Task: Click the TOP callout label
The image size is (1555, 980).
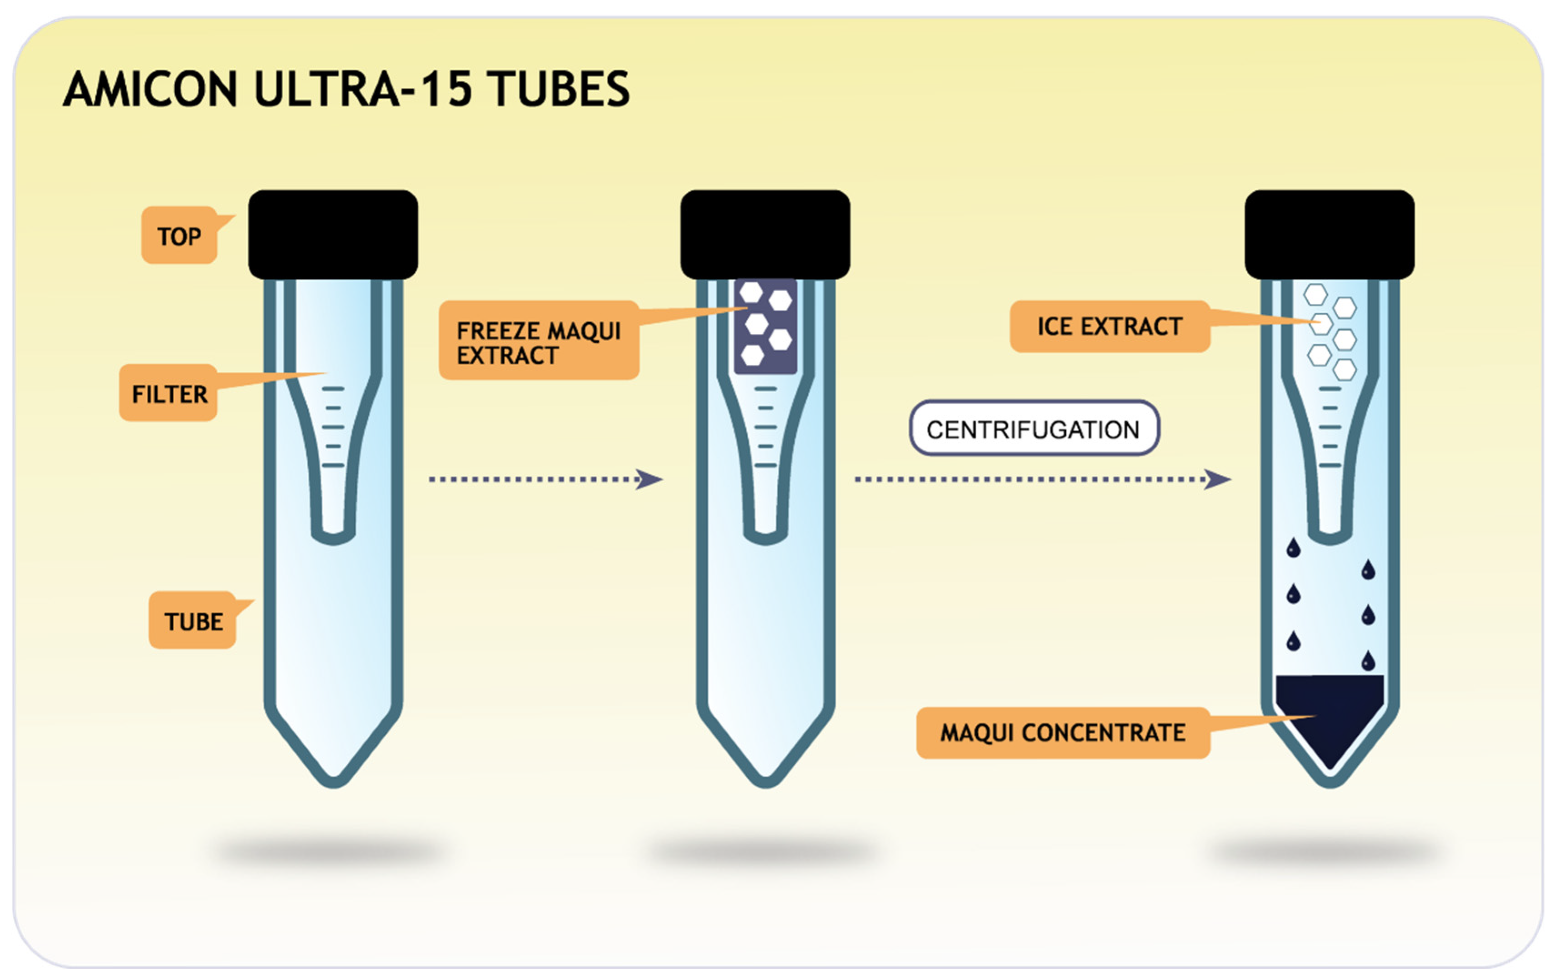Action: pyautogui.click(x=179, y=236)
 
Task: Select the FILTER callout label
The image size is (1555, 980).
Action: pyautogui.click(x=169, y=393)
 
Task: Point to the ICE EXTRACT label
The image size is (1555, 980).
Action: pyautogui.click(x=1110, y=326)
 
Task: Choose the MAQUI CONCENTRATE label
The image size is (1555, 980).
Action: pyautogui.click(x=1062, y=733)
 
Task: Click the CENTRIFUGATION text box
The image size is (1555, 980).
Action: pyautogui.click(x=1033, y=429)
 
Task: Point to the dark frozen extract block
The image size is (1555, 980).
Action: pyautogui.click(x=765, y=326)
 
